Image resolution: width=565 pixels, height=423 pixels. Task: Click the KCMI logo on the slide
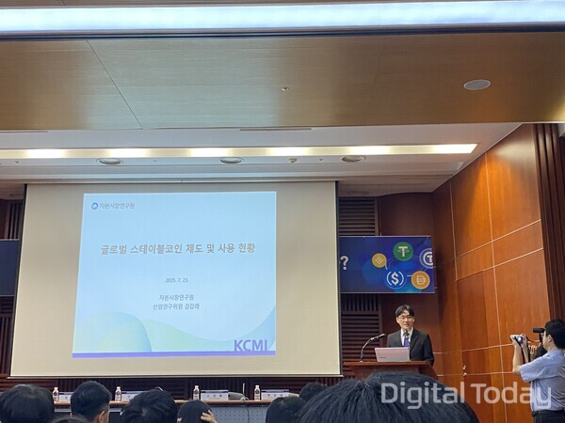[x=252, y=345]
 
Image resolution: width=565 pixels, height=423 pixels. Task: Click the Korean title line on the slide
[x=179, y=248]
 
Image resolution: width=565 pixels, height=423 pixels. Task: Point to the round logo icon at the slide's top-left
[x=95, y=205]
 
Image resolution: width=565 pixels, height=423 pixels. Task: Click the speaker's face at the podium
[x=404, y=315]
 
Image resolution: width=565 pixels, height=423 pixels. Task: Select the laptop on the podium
[x=392, y=354]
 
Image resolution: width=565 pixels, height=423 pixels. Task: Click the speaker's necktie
[x=406, y=337]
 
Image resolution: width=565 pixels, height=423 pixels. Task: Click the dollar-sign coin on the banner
[x=395, y=278]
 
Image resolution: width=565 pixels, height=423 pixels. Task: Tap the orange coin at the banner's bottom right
[x=420, y=279]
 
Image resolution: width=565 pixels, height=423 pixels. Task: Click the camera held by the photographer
[x=518, y=338]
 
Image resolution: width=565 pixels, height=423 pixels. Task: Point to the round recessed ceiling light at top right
[x=476, y=85]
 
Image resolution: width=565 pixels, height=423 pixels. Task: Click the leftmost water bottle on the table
[x=56, y=394]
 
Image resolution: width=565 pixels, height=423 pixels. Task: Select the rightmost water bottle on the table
[x=257, y=392]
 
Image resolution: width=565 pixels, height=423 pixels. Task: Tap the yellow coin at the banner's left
[x=379, y=260]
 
